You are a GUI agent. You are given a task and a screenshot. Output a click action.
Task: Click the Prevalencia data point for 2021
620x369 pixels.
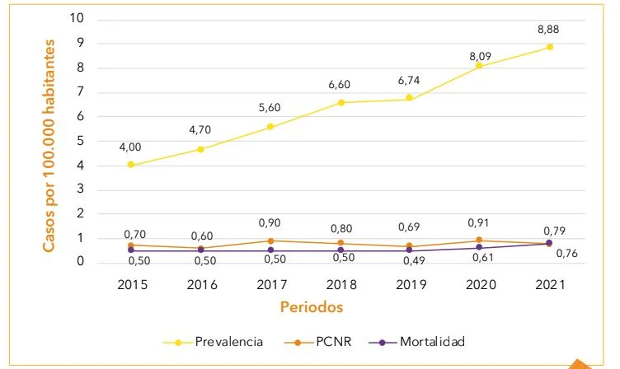tap(550, 47)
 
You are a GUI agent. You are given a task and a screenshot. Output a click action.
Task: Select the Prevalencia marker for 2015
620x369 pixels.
tap(130, 165)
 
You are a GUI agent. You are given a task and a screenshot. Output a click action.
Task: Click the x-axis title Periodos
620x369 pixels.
tap(311, 306)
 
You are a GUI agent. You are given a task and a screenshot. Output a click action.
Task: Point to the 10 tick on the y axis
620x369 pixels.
tap(77, 19)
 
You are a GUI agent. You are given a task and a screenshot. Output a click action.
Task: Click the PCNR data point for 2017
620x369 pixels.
tap(270, 241)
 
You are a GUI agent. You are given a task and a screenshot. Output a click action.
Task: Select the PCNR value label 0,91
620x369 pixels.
tap(480, 222)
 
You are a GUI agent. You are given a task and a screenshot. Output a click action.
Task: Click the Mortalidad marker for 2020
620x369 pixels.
tap(480, 247)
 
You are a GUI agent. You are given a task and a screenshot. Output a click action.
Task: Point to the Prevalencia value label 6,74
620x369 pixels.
tap(411, 82)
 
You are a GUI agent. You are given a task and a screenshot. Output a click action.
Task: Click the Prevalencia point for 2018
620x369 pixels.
tap(341, 102)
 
